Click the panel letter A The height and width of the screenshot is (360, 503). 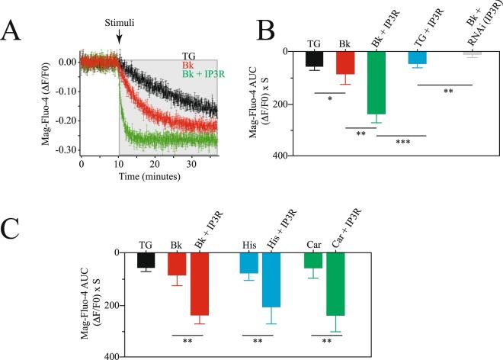point(16,31)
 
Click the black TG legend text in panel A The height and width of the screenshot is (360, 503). point(188,55)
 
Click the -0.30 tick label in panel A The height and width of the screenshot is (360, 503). point(63,150)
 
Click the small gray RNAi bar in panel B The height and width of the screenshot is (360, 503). point(471,53)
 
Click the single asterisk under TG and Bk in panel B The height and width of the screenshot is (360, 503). point(328,98)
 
